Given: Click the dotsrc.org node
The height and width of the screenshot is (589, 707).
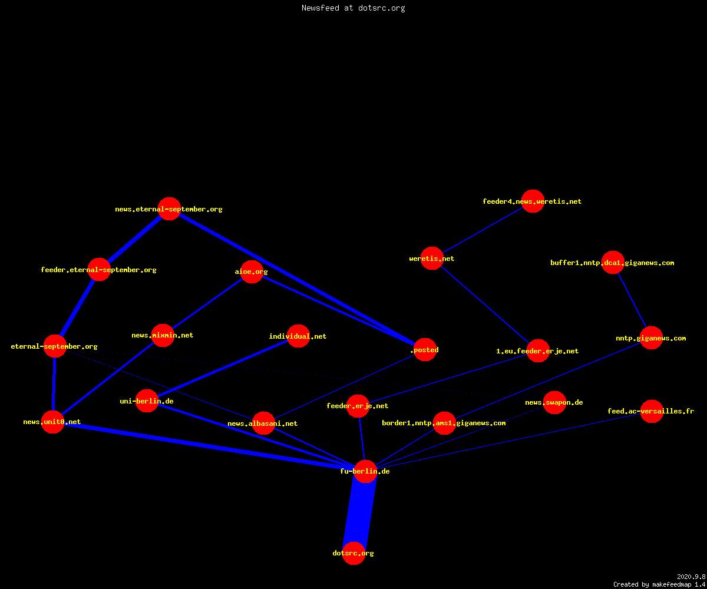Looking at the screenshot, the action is point(353,553).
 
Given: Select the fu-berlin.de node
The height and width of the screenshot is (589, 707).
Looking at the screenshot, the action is point(365,471).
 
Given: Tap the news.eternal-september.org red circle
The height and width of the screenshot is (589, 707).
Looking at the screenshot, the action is point(169,209).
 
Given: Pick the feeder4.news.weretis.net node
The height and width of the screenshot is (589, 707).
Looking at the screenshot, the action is point(533,201).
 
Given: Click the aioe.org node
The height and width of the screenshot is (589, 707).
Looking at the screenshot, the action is point(252,272).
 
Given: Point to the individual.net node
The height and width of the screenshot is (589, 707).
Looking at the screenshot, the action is point(298,336).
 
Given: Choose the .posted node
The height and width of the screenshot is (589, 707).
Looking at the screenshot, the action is point(425,350).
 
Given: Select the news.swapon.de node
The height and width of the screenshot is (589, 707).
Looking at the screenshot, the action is point(554,402).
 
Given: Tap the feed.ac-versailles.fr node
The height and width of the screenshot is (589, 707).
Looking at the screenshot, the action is point(652,411).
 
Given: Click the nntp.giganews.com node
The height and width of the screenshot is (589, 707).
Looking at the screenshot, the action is point(651,338).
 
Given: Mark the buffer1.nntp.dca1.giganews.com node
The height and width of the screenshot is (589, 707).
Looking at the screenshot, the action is point(613,262).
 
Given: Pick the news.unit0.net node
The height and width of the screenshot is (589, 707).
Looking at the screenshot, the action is point(53,422).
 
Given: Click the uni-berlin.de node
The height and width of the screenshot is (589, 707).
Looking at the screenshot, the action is point(147,401).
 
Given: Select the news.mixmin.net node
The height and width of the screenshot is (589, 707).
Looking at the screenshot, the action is point(163,336).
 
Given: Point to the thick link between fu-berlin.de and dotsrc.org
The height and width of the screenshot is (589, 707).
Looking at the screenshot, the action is point(359,512).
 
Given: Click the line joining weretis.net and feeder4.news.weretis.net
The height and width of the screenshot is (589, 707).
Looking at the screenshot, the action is point(483,230).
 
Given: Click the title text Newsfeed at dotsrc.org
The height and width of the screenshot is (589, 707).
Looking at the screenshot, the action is point(353,8).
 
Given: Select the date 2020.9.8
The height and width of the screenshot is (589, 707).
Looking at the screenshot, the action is point(691,577).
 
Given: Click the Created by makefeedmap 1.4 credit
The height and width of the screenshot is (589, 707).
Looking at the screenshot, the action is point(659,585).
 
